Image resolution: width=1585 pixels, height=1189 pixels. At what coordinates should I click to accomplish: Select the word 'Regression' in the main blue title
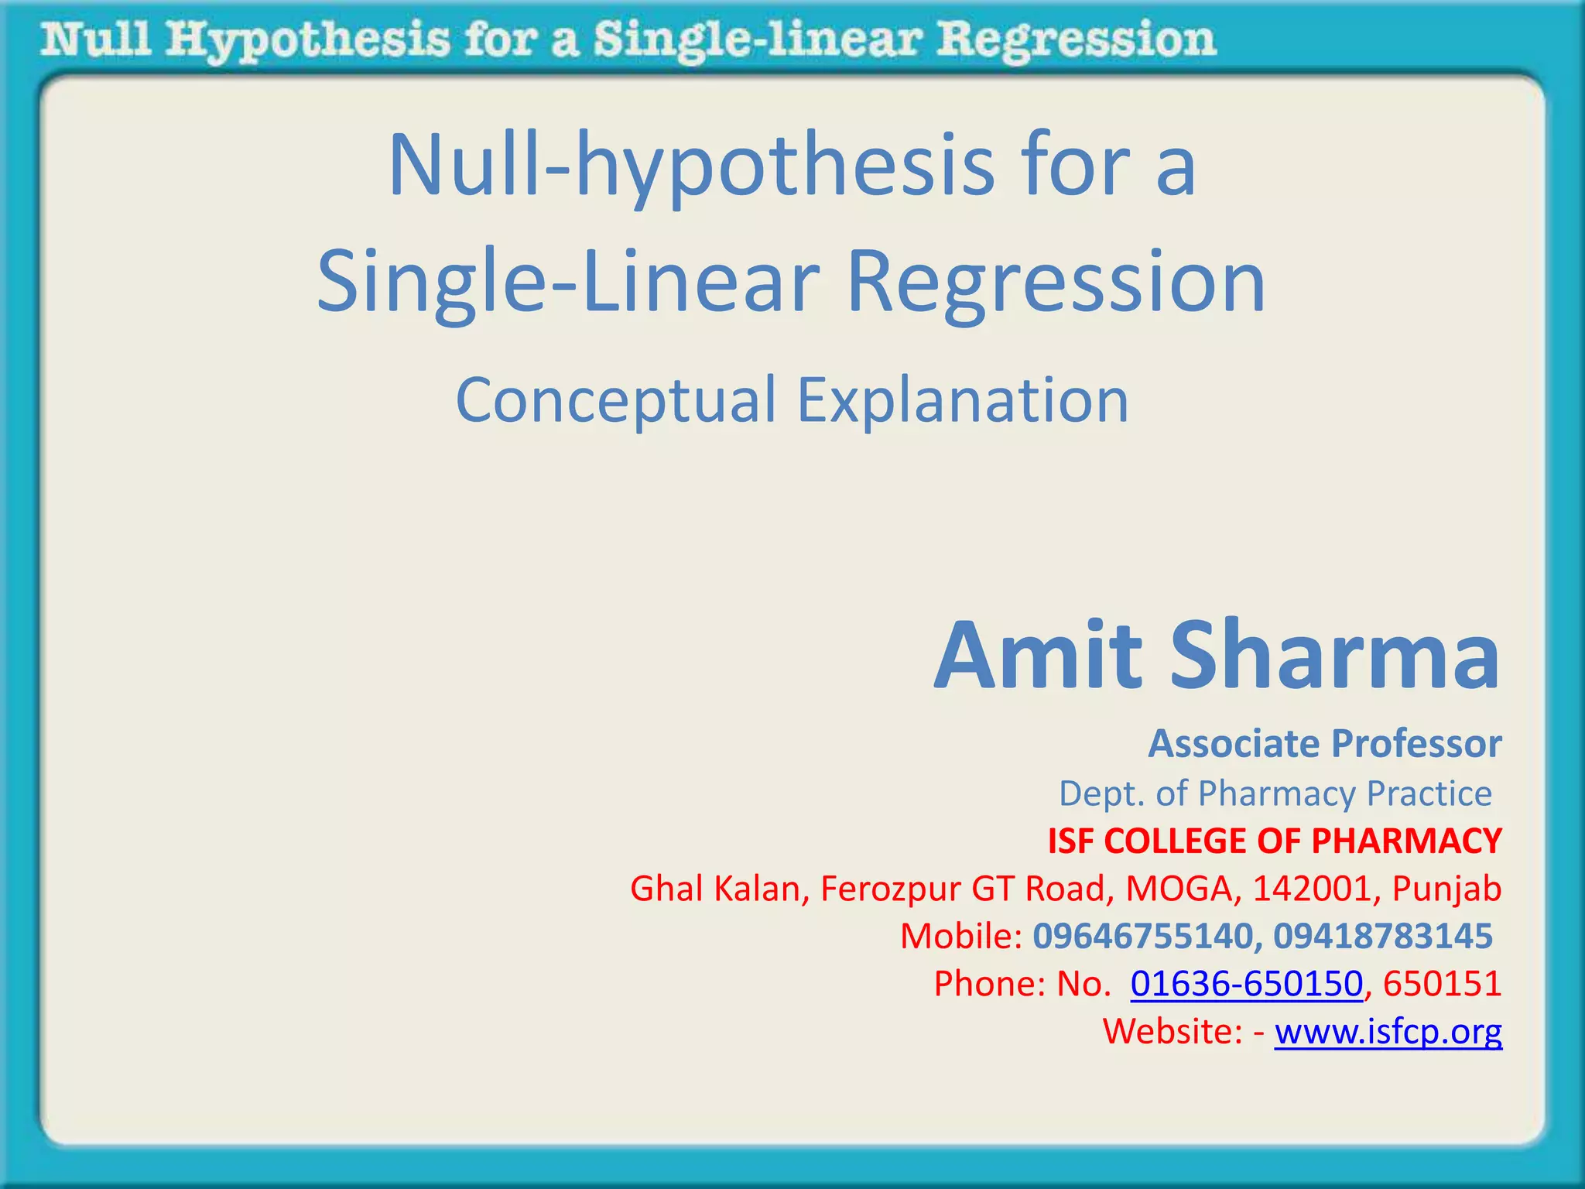click(x=1056, y=283)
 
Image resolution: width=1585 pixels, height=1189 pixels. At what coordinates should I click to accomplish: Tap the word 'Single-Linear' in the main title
click(x=568, y=283)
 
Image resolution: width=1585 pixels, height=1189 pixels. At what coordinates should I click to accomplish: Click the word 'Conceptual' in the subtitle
click(x=615, y=401)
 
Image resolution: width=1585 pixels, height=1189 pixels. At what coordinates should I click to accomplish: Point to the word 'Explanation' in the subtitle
click(x=963, y=401)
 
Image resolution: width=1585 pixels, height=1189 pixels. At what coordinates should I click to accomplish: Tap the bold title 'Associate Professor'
click(x=1324, y=744)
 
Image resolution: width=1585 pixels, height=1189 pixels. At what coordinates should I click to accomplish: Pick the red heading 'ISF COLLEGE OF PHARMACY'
click(x=1274, y=841)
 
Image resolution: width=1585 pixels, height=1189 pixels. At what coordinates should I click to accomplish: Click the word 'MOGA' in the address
click(x=1178, y=889)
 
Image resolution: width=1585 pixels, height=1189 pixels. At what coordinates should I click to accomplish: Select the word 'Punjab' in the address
click(x=1446, y=889)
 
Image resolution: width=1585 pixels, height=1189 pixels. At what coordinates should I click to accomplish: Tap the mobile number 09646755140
click(x=1142, y=936)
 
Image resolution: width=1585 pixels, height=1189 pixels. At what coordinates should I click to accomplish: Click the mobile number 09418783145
click(x=1382, y=936)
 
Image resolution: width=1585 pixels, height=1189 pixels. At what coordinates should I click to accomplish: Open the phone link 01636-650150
click(x=1246, y=984)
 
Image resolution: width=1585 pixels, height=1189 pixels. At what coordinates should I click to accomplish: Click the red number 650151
click(x=1442, y=984)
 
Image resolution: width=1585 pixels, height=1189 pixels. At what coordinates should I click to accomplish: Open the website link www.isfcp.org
click(x=1388, y=1032)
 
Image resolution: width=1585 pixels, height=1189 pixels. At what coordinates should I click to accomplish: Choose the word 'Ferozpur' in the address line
click(x=890, y=889)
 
